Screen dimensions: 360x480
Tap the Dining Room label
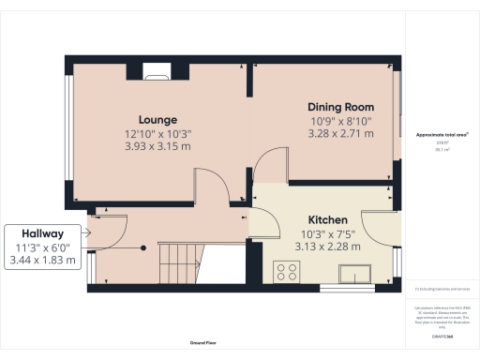tap(341, 106)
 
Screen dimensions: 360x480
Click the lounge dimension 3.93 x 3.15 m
tap(157, 146)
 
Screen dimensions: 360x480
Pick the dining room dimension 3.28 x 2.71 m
tap(341, 134)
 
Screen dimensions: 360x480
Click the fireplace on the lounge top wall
tap(157, 68)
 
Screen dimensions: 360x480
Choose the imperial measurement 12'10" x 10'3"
tap(157, 133)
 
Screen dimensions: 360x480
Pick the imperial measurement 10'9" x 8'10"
tap(341, 120)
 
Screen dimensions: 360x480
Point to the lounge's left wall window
tap(67, 138)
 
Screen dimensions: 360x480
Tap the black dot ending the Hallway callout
tap(142, 247)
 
